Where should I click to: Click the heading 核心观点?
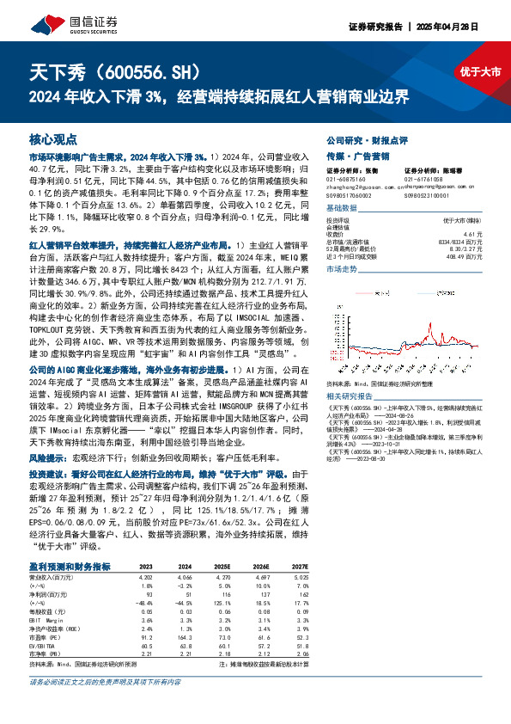point(53,138)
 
